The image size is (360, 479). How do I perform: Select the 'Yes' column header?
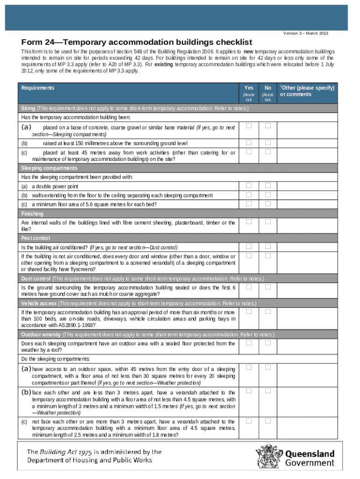(x=249, y=88)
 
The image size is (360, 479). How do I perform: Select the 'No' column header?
(x=268, y=88)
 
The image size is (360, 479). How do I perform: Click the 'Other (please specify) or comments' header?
(x=308, y=91)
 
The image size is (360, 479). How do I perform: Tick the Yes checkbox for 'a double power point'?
(x=249, y=186)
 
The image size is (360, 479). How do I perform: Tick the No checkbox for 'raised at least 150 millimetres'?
(x=268, y=143)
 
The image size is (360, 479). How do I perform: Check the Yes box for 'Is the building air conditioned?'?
(x=249, y=247)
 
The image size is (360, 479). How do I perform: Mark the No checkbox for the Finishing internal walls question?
(x=268, y=222)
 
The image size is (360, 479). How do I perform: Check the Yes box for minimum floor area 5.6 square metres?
(x=249, y=203)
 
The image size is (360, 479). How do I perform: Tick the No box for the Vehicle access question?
(x=268, y=311)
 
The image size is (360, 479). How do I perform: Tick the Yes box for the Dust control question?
(x=249, y=287)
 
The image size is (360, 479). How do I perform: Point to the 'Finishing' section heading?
(x=32, y=213)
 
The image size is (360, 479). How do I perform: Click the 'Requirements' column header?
(x=38, y=88)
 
